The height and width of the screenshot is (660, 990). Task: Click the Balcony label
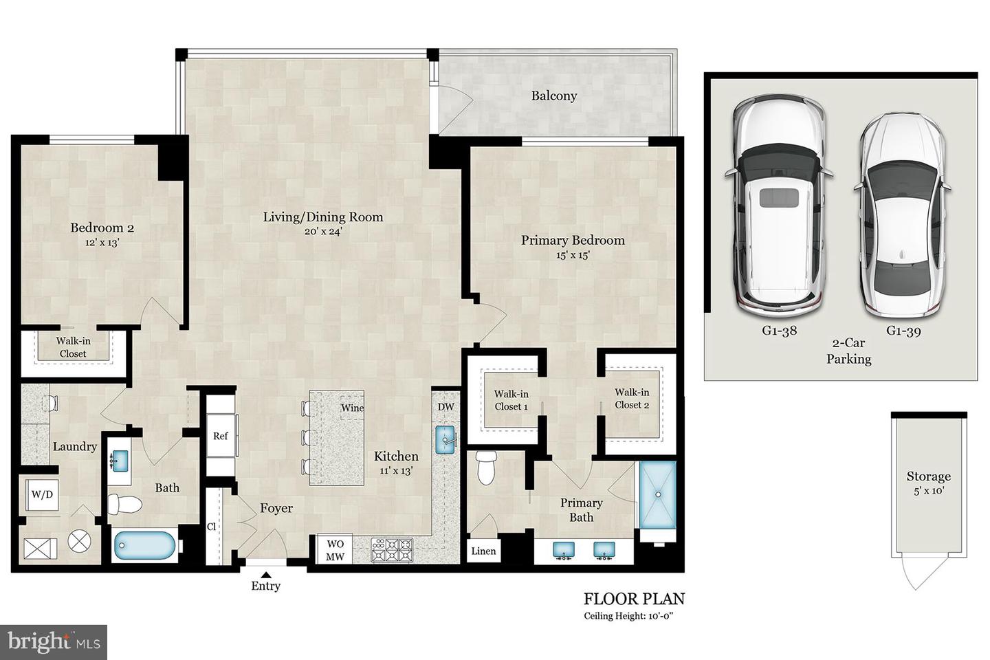coord(553,96)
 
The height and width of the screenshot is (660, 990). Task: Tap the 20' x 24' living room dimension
coord(323,232)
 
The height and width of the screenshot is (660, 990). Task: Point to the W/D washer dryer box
coord(42,495)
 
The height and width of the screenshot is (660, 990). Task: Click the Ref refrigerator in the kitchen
coord(221,436)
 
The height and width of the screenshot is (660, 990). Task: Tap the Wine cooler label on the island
coord(352,408)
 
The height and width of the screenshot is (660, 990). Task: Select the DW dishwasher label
coord(445,407)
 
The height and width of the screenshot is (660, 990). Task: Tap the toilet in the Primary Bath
coord(486,469)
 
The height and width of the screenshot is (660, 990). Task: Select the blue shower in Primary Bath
coord(658,494)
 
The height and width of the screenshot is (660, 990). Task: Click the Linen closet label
coord(483,551)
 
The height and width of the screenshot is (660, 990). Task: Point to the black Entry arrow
coord(265,575)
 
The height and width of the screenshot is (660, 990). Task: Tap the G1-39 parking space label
coord(903,331)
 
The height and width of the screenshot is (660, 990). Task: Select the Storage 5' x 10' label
coord(928,483)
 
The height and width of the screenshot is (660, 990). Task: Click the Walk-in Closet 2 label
coord(631,399)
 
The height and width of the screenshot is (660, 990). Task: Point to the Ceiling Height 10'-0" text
coord(628,616)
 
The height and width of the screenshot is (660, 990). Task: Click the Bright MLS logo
coord(54,642)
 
